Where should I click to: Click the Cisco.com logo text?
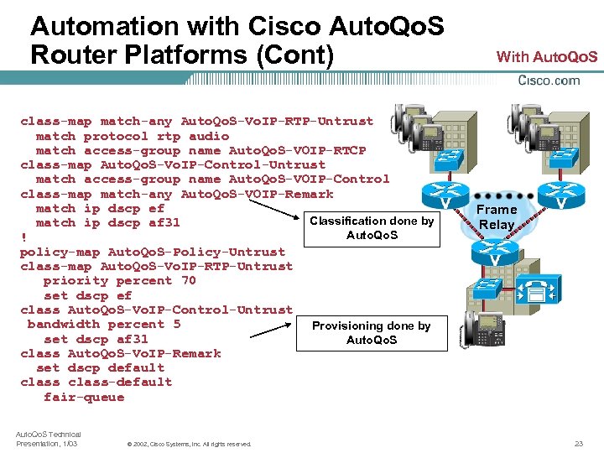coord(549,81)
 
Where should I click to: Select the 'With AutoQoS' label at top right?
coord(547,57)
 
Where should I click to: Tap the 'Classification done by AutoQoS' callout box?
coord(372,227)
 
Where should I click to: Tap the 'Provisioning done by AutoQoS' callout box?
coord(372,332)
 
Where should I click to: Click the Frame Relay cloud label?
coord(497,216)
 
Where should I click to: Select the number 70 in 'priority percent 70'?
coord(188,281)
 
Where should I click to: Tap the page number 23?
coord(578,443)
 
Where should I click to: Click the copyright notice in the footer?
coord(189,444)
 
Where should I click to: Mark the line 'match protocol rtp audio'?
coord(132,136)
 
